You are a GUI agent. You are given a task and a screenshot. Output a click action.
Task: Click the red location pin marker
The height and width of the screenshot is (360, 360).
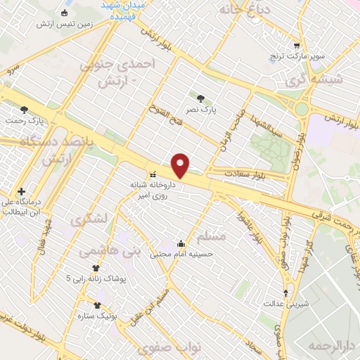(181, 165)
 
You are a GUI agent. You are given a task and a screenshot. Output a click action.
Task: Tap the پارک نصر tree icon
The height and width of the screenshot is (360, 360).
(202, 98)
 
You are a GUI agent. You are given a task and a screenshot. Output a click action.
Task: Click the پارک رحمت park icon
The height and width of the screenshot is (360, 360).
(25, 109)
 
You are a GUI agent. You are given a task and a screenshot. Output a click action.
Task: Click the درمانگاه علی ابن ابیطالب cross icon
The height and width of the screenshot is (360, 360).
(22, 191)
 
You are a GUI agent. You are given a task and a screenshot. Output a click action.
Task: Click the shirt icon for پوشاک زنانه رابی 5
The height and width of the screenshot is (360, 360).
(96, 268)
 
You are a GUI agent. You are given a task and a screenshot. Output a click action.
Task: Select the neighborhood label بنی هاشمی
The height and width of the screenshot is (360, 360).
(110, 250)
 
